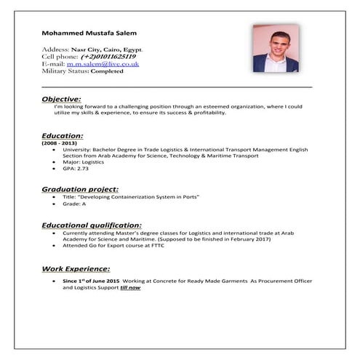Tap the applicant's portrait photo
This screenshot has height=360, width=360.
pyautogui.click(x=276, y=49)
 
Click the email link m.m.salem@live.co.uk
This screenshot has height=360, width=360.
pyautogui.click(x=108, y=63)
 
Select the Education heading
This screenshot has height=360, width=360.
pyautogui.click(x=63, y=135)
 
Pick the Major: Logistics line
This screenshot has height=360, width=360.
pyautogui.click(x=84, y=161)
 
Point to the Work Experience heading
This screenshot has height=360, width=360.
pyautogui.click(x=76, y=268)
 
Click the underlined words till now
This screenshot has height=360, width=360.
pyautogui.click(x=131, y=288)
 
